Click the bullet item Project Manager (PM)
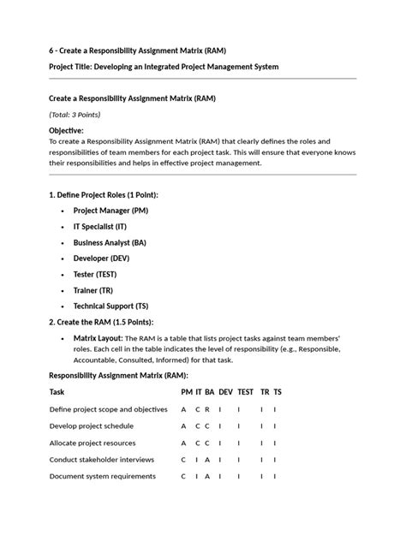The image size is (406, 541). (x=110, y=210)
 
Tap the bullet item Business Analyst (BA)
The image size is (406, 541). (x=110, y=242)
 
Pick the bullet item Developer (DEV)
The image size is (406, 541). (x=101, y=259)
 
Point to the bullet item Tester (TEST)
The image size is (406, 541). (x=95, y=274)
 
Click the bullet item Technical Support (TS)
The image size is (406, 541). (x=110, y=306)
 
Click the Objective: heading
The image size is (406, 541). (x=66, y=130)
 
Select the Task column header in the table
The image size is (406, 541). (x=57, y=391)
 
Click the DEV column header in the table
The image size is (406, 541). (x=225, y=391)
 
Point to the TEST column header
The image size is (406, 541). (x=246, y=391)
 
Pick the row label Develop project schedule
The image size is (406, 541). (x=91, y=425)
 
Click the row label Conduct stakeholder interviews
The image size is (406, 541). (x=102, y=459)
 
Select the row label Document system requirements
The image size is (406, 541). (x=102, y=476)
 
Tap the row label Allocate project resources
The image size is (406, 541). (x=93, y=443)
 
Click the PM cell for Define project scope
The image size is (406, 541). (x=183, y=409)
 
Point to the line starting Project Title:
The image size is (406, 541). (x=163, y=67)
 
